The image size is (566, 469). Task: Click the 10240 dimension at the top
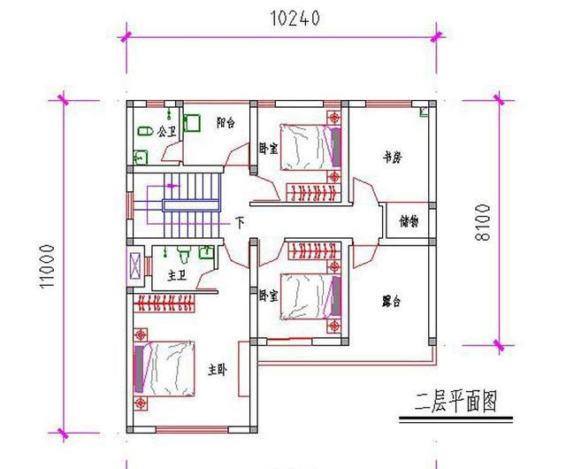284,19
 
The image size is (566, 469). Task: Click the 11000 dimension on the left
50,266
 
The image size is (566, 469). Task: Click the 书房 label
392,158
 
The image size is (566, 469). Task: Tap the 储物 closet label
409,220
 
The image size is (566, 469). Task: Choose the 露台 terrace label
390,302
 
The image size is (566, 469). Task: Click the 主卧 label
218,371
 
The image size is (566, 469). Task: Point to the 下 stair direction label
239,222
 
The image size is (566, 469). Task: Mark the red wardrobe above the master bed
167,306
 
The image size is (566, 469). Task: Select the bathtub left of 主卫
135,265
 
